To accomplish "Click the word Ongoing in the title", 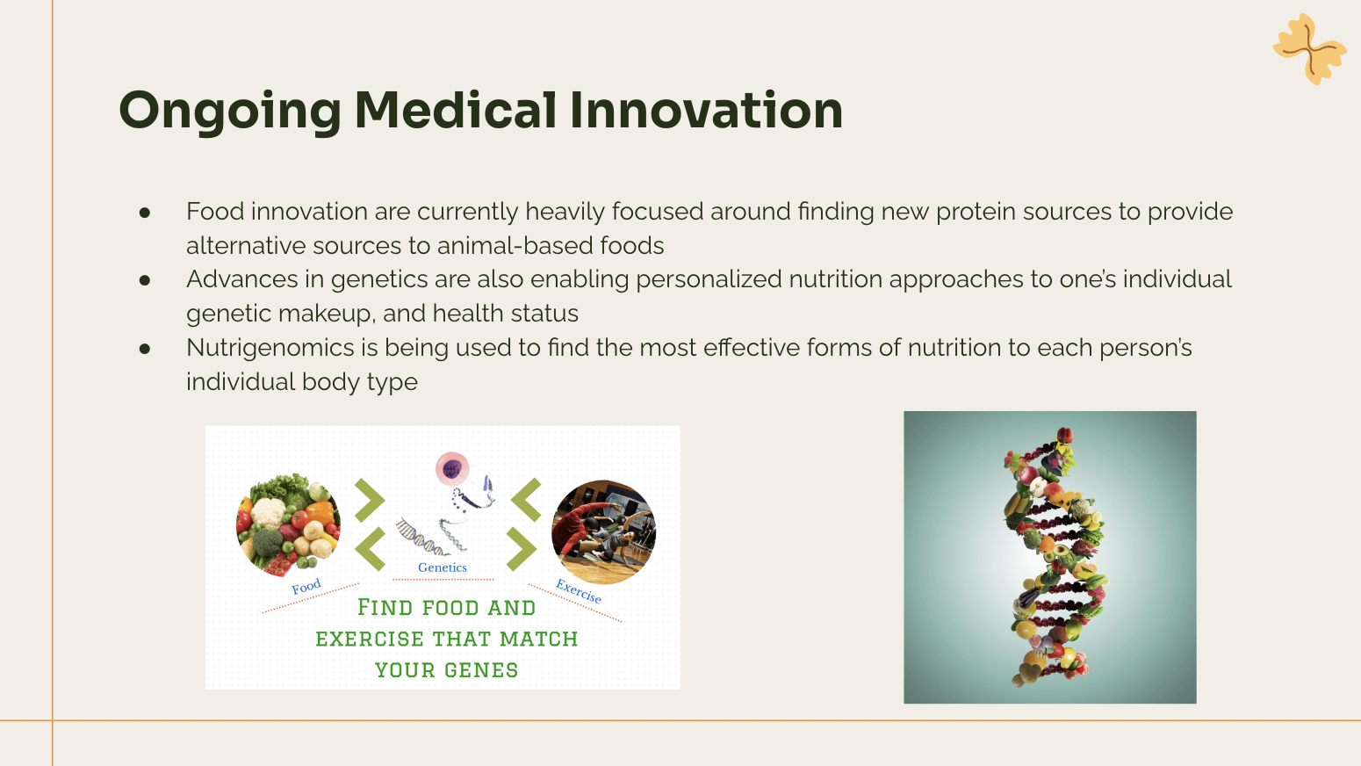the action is pos(230,112).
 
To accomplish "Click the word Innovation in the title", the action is pos(706,110).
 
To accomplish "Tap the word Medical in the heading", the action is pos(456,110).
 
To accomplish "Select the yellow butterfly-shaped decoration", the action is pos(1309,48).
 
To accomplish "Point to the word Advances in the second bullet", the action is pos(241,279).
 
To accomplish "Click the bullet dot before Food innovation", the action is pos(145,213).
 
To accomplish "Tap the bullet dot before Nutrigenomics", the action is pos(145,349).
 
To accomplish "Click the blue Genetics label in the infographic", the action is pos(443,567).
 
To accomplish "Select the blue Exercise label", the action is pos(579,591).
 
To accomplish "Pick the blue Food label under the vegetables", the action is pos(306,587).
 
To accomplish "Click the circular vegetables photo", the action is pos(288,524).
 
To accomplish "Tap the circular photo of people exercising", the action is pos(603,532).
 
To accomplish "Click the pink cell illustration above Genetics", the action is pos(452,469).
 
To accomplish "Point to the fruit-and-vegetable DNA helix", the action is pos(1054,557).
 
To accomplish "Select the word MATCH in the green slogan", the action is pos(538,640).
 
